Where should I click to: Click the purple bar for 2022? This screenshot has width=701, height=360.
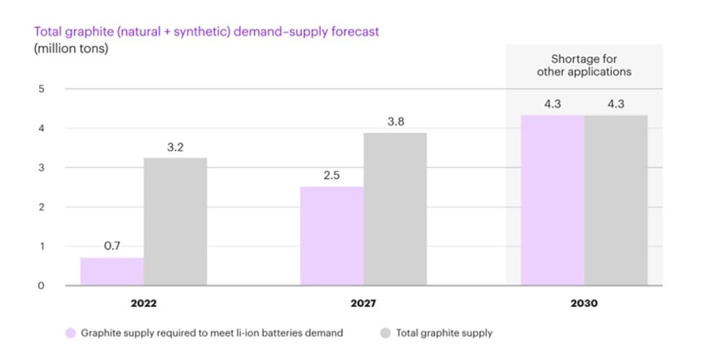[111, 272]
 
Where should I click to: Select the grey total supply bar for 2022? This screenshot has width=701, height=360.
[175, 221]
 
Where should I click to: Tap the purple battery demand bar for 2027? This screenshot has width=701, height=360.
[331, 236]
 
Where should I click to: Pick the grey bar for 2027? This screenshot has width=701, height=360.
[395, 209]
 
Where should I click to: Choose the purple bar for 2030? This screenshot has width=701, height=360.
[552, 200]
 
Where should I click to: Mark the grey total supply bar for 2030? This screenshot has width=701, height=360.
[615, 200]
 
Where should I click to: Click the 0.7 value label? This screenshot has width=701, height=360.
[111, 246]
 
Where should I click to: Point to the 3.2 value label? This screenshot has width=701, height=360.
[175, 147]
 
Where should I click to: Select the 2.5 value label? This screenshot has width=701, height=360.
[331, 175]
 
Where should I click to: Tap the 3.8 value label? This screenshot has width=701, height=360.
[395, 121]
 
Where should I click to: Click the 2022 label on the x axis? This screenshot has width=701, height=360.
[144, 303]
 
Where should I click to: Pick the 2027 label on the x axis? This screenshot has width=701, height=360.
[363, 303]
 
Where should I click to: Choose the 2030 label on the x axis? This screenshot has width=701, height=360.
[584, 303]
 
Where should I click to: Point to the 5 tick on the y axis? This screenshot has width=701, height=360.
[41, 89]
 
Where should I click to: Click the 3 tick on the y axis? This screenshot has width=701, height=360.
[41, 167]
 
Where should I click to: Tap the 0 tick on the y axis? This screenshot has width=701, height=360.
[41, 285]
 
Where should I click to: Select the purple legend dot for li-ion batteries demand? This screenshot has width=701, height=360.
[70, 333]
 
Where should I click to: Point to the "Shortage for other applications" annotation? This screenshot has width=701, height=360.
[584, 65]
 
